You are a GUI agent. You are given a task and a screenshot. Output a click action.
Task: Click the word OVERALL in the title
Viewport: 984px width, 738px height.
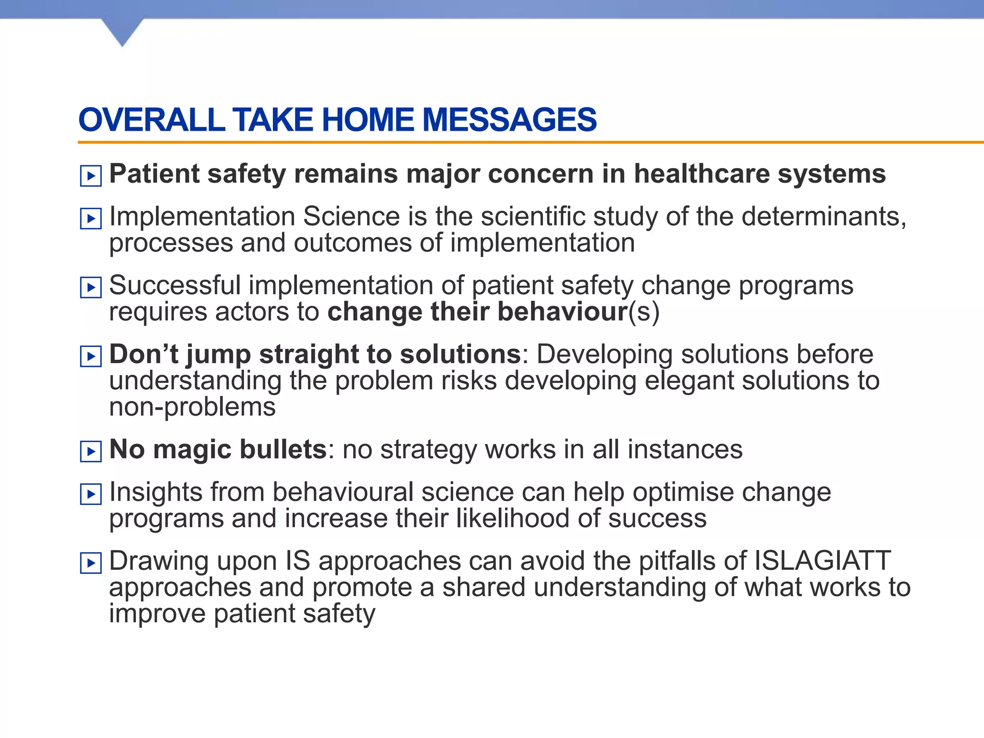(151, 120)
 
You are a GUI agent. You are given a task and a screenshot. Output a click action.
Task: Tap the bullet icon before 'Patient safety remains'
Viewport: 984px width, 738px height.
(91, 176)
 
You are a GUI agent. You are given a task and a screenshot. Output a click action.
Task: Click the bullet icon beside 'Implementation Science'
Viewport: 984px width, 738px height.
(91, 219)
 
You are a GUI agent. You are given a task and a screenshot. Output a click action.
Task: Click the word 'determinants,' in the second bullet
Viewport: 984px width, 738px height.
(824, 217)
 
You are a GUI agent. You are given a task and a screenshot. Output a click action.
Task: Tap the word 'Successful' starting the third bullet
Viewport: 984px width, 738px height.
(175, 285)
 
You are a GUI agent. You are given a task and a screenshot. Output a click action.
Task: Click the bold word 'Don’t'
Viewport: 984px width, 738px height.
(144, 354)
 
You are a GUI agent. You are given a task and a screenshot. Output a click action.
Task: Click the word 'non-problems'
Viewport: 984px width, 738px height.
(192, 407)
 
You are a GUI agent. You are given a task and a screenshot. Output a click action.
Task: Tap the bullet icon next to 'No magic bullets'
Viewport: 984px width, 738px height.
(91, 452)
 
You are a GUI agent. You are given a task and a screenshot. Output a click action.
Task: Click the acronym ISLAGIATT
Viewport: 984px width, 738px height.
(823, 561)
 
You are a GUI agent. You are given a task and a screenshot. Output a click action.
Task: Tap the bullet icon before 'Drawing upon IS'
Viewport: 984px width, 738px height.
(91, 563)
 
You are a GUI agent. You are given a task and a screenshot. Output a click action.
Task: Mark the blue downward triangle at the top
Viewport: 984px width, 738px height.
(123, 31)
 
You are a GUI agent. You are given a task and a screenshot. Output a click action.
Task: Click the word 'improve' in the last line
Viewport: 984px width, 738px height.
(157, 614)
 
